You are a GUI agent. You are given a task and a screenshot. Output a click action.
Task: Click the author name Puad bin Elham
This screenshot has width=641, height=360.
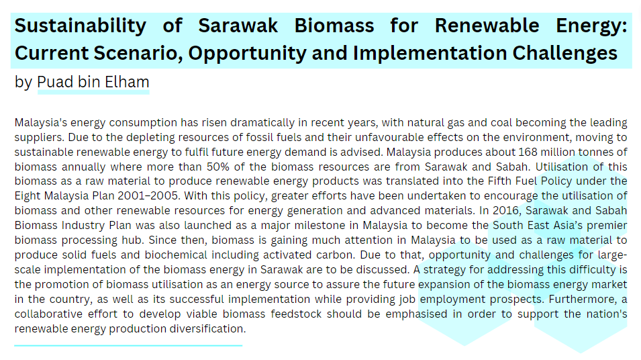(x=93, y=82)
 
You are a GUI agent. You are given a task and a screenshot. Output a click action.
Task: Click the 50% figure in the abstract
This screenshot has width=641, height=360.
(x=217, y=167)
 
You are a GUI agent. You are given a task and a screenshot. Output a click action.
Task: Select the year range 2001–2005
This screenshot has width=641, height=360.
(x=148, y=196)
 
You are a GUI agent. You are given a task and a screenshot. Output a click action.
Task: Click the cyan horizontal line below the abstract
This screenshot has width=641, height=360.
(x=128, y=346)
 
